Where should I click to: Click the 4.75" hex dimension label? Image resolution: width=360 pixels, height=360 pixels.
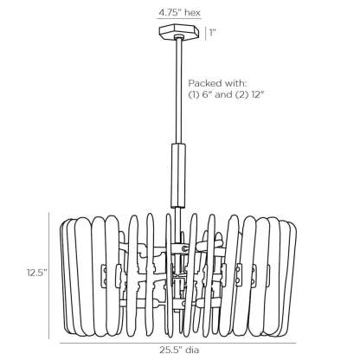click(179, 13)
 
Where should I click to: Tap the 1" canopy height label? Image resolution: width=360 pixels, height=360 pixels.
click(213, 32)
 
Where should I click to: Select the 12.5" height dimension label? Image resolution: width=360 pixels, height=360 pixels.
click(37, 272)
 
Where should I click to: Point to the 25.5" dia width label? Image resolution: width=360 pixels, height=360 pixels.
click(179, 350)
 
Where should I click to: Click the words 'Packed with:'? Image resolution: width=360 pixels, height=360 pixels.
click(218, 84)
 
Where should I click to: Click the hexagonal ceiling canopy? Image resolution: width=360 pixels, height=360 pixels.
click(179, 32)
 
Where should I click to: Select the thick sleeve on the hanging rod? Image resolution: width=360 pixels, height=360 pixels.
click(178, 176)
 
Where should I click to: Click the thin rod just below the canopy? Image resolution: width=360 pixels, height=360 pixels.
click(179, 91)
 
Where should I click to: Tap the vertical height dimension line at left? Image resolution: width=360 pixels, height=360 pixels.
click(49, 275)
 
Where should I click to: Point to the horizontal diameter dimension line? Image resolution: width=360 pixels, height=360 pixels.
click(178, 343)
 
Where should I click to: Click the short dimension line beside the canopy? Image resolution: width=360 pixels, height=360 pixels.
click(205, 33)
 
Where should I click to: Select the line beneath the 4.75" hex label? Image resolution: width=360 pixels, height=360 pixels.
click(179, 19)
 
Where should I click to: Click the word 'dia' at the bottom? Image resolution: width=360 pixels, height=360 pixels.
click(192, 350)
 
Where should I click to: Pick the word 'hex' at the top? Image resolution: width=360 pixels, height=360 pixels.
click(192, 13)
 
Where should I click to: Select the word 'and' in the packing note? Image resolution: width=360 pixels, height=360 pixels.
click(222, 94)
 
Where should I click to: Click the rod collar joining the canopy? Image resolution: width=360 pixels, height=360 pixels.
click(179, 36)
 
